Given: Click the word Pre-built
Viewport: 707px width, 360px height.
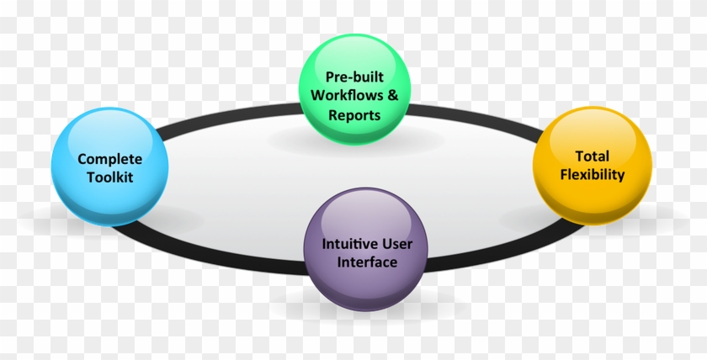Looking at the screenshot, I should coord(354,76).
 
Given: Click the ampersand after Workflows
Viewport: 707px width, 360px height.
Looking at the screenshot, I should coord(392,95).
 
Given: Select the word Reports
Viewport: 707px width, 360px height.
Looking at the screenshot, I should coord(354,114).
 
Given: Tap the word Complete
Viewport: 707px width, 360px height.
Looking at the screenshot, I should coord(109,158).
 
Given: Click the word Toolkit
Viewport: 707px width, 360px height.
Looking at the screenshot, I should coord(109,177).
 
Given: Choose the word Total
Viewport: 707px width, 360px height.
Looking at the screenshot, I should coord(592,156).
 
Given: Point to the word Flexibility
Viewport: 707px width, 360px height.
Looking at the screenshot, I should coord(592,175).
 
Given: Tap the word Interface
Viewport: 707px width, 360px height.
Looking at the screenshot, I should coord(367,262).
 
